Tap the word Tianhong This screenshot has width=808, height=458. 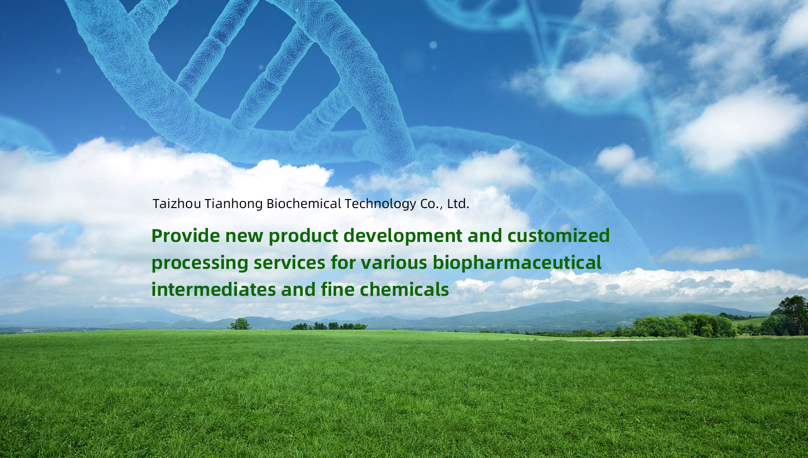(234, 204)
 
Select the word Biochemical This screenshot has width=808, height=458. (304, 204)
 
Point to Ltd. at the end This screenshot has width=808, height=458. (458, 204)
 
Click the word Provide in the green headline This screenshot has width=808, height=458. (186, 235)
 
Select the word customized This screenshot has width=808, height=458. (559, 235)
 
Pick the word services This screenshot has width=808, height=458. (289, 263)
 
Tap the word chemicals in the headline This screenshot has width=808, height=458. (404, 289)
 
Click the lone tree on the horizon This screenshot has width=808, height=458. (240, 323)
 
